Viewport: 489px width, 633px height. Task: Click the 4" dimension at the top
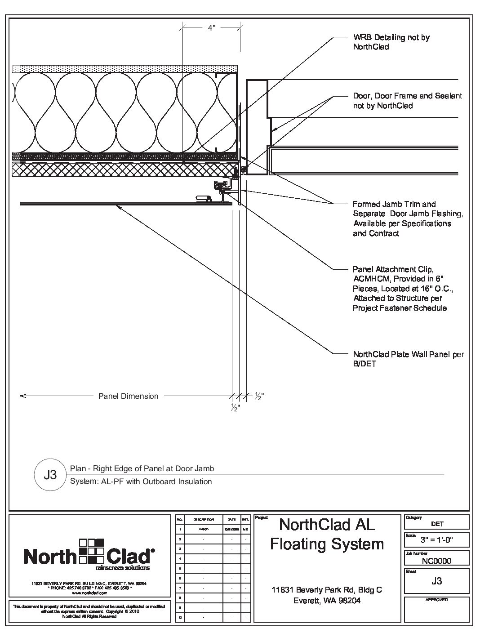pos(211,28)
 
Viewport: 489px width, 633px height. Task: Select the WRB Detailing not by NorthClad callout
pos(391,42)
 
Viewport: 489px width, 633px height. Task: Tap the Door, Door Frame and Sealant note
pos(407,101)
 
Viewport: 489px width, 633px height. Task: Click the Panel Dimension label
pos(128,396)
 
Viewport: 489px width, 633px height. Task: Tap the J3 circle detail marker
pos(50,475)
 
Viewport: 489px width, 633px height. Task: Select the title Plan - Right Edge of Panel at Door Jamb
pos(142,468)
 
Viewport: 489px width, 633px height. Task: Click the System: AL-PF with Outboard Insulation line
pos(141,481)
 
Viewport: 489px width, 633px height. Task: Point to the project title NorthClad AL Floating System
pos(327,534)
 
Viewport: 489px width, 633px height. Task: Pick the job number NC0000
pos(436,561)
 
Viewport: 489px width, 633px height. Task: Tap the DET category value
pos(436,524)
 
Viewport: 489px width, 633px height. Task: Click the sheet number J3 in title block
pos(436,581)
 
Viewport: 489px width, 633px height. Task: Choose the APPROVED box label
pos(436,600)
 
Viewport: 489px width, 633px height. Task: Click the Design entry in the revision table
pos(204,529)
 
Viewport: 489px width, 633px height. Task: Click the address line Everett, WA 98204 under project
pos(327,601)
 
